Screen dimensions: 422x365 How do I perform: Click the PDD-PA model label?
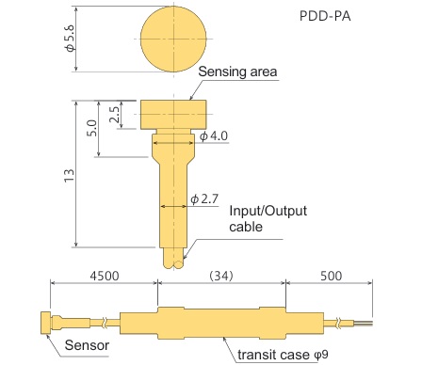pos(325,16)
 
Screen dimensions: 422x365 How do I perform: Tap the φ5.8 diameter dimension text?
pos(70,39)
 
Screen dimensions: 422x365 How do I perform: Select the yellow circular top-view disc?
pos(173,39)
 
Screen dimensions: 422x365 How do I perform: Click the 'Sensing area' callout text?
pos(237,71)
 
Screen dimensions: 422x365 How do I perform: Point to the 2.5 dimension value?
pos(114,115)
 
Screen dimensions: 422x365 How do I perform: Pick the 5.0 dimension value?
pos(91,128)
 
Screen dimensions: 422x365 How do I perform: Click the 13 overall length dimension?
pos(69,175)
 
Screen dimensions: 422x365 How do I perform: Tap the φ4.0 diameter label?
pos(214,136)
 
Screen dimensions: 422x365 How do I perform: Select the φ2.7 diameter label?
pos(204,198)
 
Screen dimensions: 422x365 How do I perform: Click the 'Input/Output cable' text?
pos(268,218)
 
